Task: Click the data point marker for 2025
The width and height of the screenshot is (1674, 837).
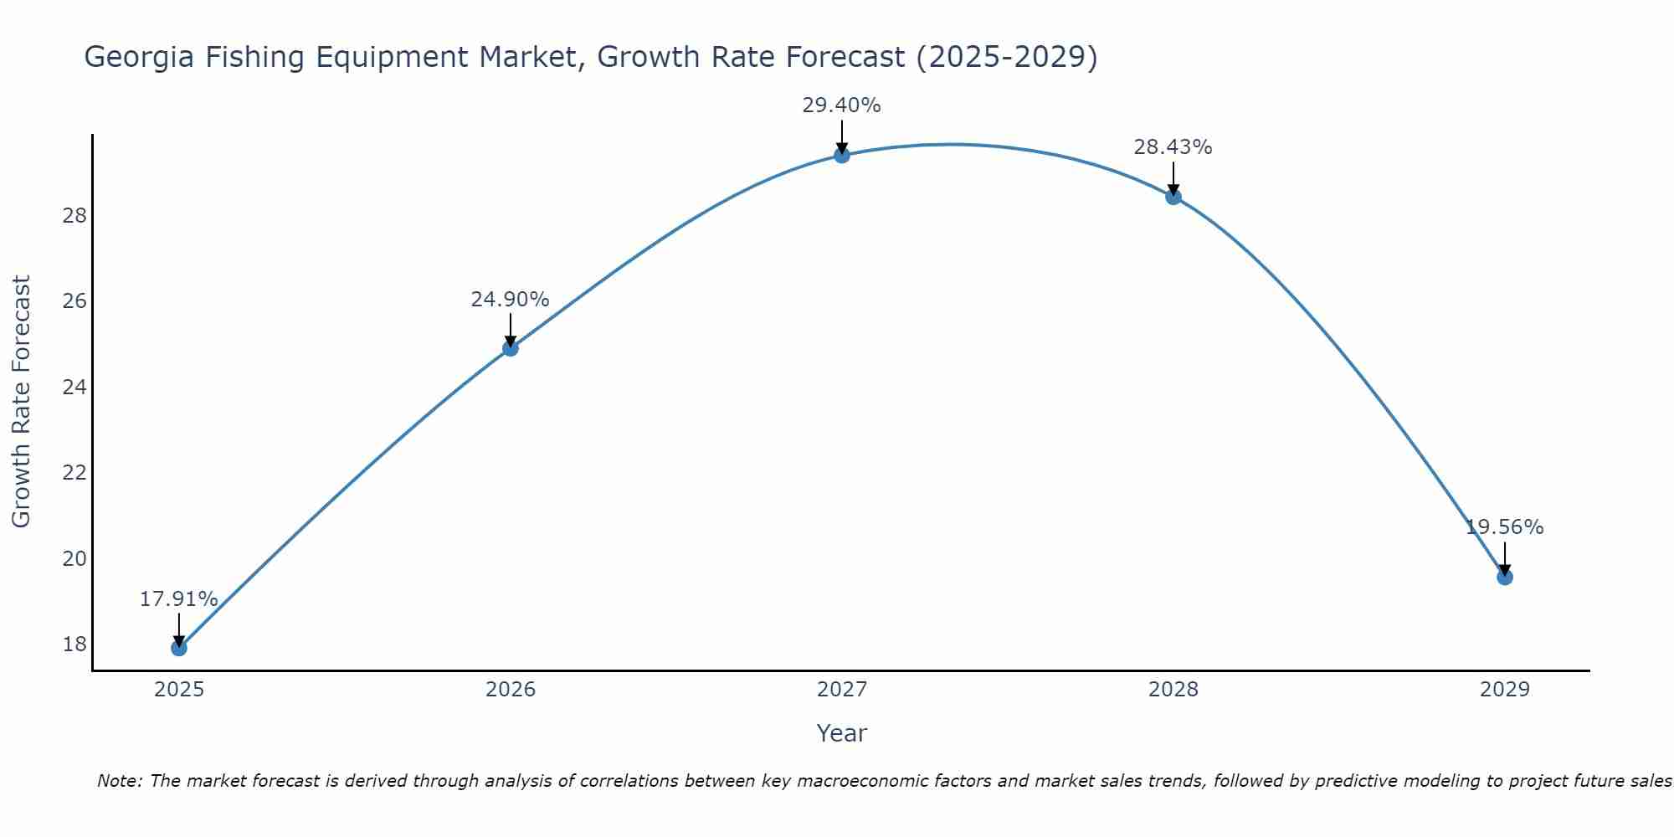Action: tap(178, 648)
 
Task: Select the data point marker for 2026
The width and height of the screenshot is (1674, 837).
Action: tap(511, 348)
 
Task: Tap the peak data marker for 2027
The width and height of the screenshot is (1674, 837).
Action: tap(842, 155)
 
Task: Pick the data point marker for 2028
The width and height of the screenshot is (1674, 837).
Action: tap(1173, 197)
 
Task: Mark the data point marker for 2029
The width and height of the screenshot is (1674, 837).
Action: tap(1505, 577)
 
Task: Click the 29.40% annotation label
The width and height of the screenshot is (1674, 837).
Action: tap(841, 105)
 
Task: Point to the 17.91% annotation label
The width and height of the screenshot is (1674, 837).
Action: tap(178, 599)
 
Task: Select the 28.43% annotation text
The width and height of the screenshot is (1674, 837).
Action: tap(1173, 147)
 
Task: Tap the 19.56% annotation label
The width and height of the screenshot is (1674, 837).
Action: tap(1504, 527)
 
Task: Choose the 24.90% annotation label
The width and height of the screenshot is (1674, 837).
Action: tap(510, 300)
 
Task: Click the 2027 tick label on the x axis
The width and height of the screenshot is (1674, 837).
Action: tap(842, 690)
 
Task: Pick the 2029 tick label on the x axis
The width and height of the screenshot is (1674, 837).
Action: tap(1505, 690)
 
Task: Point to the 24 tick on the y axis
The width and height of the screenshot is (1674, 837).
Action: tap(74, 388)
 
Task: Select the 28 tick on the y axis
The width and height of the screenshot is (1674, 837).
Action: tap(74, 216)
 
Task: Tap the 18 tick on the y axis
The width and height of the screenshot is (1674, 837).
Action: tap(74, 644)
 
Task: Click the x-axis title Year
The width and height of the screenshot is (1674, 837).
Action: tap(841, 733)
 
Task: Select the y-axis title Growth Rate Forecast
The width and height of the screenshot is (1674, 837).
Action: tap(21, 402)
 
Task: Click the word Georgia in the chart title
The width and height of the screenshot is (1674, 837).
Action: tap(135, 58)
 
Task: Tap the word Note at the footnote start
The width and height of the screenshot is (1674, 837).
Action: tap(121, 781)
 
